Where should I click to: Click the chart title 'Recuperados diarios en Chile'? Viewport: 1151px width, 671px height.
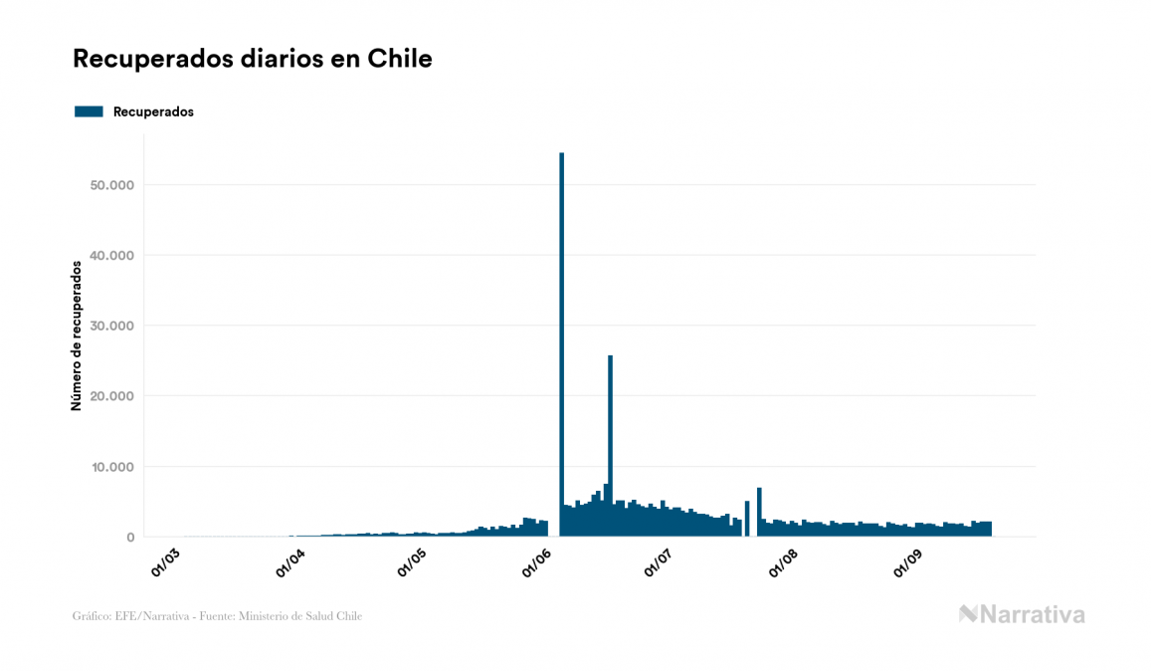pos(253,59)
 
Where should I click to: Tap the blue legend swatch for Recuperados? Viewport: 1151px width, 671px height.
pos(89,112)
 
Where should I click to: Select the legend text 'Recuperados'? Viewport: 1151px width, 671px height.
pos(153,112)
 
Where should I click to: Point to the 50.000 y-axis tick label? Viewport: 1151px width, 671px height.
pos(110,185)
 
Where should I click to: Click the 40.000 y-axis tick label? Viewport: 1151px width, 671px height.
pos(110,256)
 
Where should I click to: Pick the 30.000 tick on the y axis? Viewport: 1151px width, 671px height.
pos(110,326)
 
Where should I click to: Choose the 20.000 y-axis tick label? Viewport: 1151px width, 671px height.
pos(110,396)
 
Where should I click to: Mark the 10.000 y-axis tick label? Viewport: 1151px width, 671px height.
pos(110,467)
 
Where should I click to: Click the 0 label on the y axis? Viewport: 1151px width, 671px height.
pos(129,538)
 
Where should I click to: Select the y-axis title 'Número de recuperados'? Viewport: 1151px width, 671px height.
pos(77,335)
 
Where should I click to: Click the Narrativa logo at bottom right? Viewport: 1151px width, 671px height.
pos(1022,614)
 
